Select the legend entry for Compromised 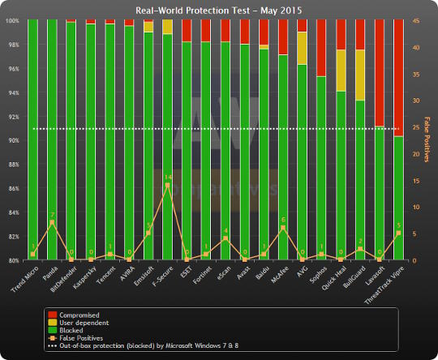(78, 314)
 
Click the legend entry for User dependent (82, 321)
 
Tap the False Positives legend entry (82, 337)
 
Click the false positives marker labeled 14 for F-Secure (167, 186)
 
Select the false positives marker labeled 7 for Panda (52, 222)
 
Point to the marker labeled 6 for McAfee (283, 228)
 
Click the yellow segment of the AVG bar (302, 48)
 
